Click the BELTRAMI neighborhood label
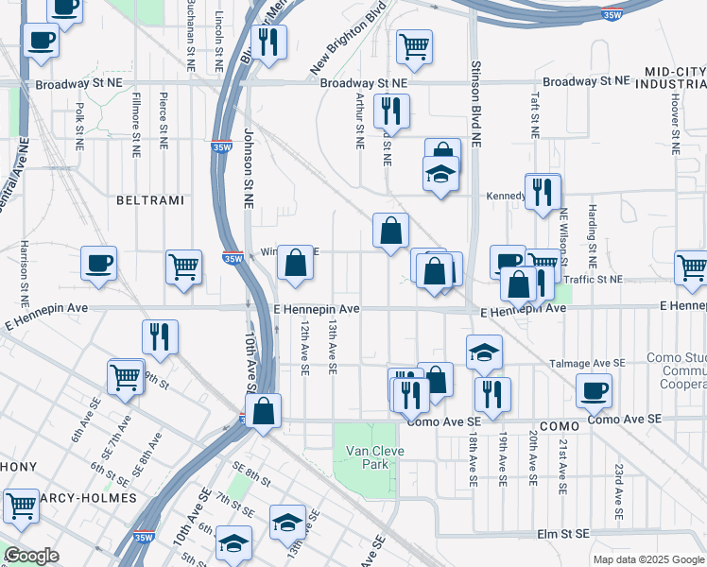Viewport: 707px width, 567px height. tap(148, 200)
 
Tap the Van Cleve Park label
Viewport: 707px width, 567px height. tap(374, 457)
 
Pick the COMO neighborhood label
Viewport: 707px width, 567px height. tap(560, 428)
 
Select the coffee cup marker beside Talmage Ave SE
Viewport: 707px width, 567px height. tap(594, 388)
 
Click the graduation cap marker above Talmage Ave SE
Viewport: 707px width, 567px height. tap(484, 352)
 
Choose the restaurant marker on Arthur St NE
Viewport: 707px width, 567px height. tap(389, 111)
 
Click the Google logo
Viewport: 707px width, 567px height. tap(31, 556)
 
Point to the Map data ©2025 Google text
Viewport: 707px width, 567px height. tap(647, 559)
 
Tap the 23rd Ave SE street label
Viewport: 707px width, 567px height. tap(617, 491)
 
